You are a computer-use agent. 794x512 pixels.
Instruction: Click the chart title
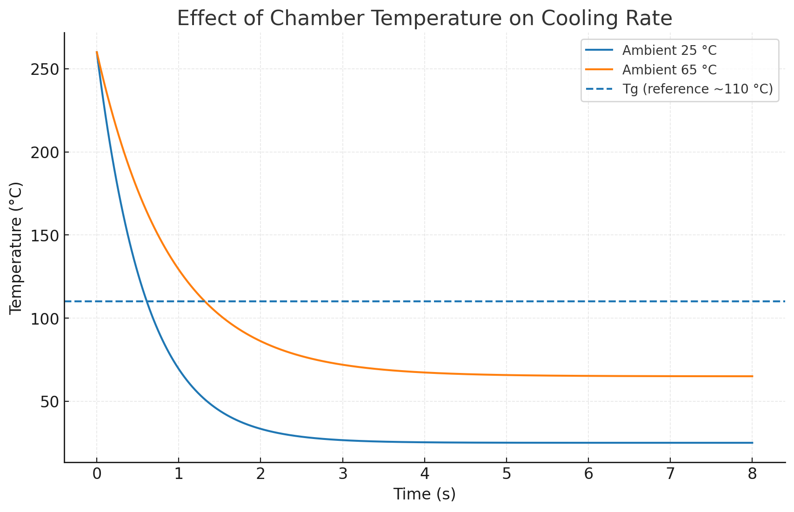tap(424, 19)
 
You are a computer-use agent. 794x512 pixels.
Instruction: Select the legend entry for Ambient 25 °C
tap(669, 50)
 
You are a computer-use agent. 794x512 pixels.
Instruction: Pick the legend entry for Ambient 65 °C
tap(669, 70)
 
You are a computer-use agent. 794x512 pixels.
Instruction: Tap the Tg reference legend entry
tap(697, 89)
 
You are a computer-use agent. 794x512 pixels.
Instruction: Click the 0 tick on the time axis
tap(97, 474)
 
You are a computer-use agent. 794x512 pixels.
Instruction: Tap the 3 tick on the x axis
tap(343, 474)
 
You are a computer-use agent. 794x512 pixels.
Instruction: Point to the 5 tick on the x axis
tap(507, 474)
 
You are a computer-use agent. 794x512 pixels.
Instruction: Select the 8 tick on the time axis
tap(752, 474)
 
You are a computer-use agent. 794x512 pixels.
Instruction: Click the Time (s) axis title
tap(424, 494)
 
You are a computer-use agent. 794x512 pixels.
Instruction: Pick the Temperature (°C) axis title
tap(16, 248)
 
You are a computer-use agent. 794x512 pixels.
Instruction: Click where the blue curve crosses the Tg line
tap(146, 301)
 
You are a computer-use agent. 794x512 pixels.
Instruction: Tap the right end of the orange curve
tap(752, 376)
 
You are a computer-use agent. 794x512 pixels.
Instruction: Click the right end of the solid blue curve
tap(752, 443)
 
